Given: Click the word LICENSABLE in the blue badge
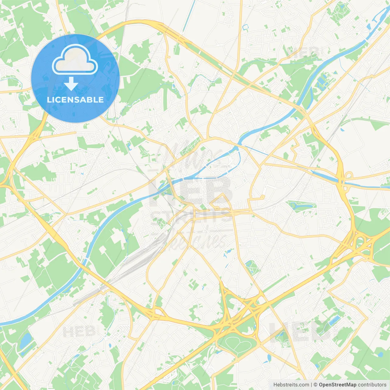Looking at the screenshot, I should click(75, 100).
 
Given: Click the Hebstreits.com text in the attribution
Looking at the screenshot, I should click(291, 385).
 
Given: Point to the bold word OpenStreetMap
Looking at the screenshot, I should click(337, 385).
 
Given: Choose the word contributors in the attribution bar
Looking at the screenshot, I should click(372, 385).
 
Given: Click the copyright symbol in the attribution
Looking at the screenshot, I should click(315, 385).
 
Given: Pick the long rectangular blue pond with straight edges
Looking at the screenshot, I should click(334, 321).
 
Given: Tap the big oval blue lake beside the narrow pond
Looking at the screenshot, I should click(26, 341).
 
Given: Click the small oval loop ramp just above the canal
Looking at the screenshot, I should click(348, 176).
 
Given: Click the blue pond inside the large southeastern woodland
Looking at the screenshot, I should click(381, 354).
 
